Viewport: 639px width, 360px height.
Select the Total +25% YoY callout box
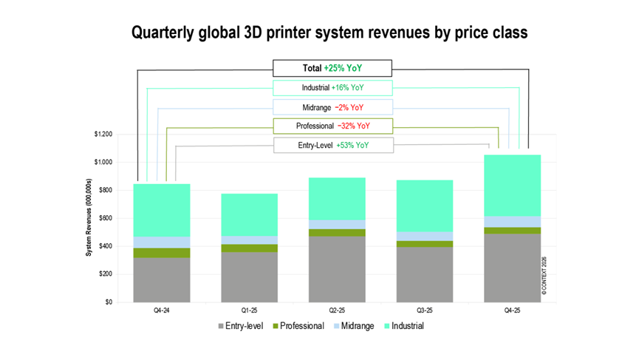pos(332,69)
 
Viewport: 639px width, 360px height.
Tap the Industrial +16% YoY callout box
pos(332,88)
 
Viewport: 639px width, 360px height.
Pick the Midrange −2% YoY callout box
pos(332,107)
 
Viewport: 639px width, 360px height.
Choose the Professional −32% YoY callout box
pos(332,126)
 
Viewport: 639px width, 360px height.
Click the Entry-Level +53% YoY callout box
pos(332,145)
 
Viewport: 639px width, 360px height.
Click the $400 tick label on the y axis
pos(104,246)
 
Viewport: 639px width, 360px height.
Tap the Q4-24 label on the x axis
pos(161,310)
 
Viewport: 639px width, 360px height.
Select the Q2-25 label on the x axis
pos(337,310)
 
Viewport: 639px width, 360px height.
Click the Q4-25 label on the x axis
pos(512,310)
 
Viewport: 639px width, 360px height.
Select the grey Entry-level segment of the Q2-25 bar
pos(337,269)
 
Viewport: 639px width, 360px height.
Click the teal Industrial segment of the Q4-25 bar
pos(512,185)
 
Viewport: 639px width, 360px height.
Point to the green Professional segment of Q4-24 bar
pos(161,253)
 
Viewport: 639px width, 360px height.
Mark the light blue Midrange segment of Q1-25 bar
pos(249,240)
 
